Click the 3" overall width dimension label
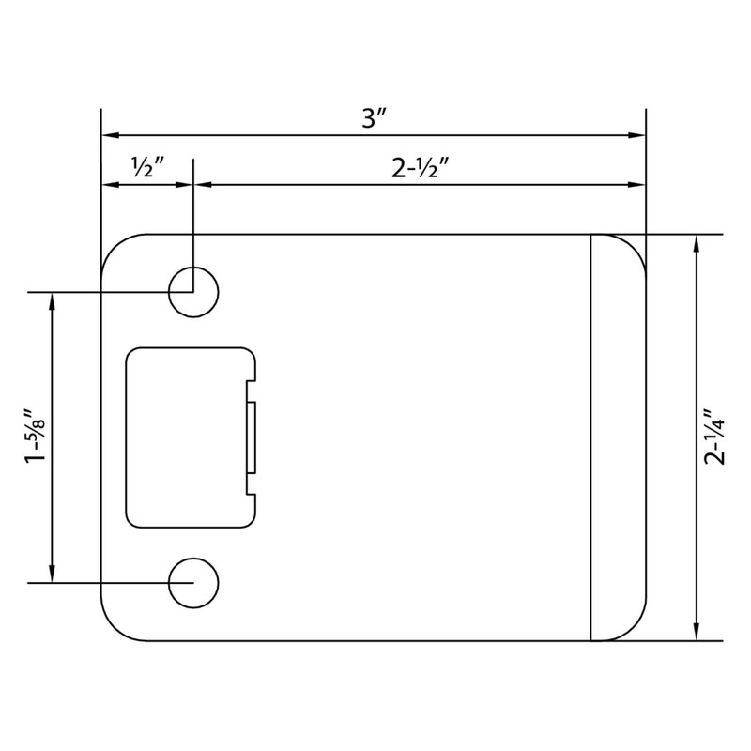click(375, 120)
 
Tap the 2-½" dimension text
click(418, 169)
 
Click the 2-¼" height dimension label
click(715, 437)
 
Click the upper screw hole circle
click(193, 292)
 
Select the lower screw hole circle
click(193, 582)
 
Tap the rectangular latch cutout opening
click(188, 437)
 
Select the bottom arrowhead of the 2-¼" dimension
click(696, 633)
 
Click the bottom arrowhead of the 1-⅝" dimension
click(53, 574)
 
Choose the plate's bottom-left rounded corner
click(115, 626)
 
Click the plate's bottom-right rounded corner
click(633, 626)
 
